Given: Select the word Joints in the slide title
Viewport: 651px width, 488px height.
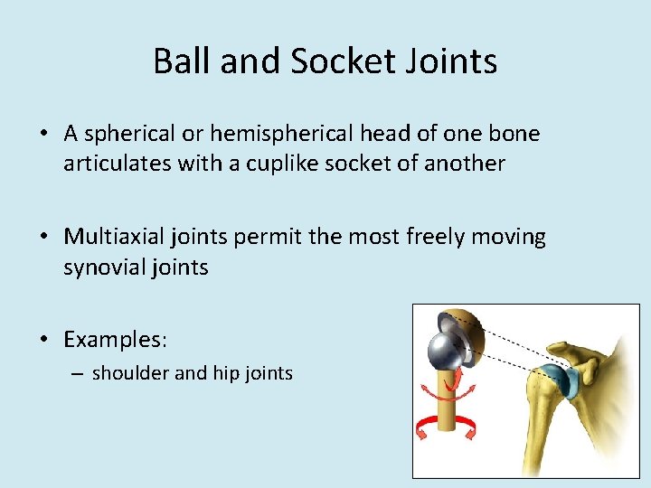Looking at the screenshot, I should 458,61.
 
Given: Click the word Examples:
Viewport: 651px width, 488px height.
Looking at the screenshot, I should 115,340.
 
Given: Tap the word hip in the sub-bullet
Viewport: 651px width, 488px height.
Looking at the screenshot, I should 222,372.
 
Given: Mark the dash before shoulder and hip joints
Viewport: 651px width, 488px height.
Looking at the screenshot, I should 79,372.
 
